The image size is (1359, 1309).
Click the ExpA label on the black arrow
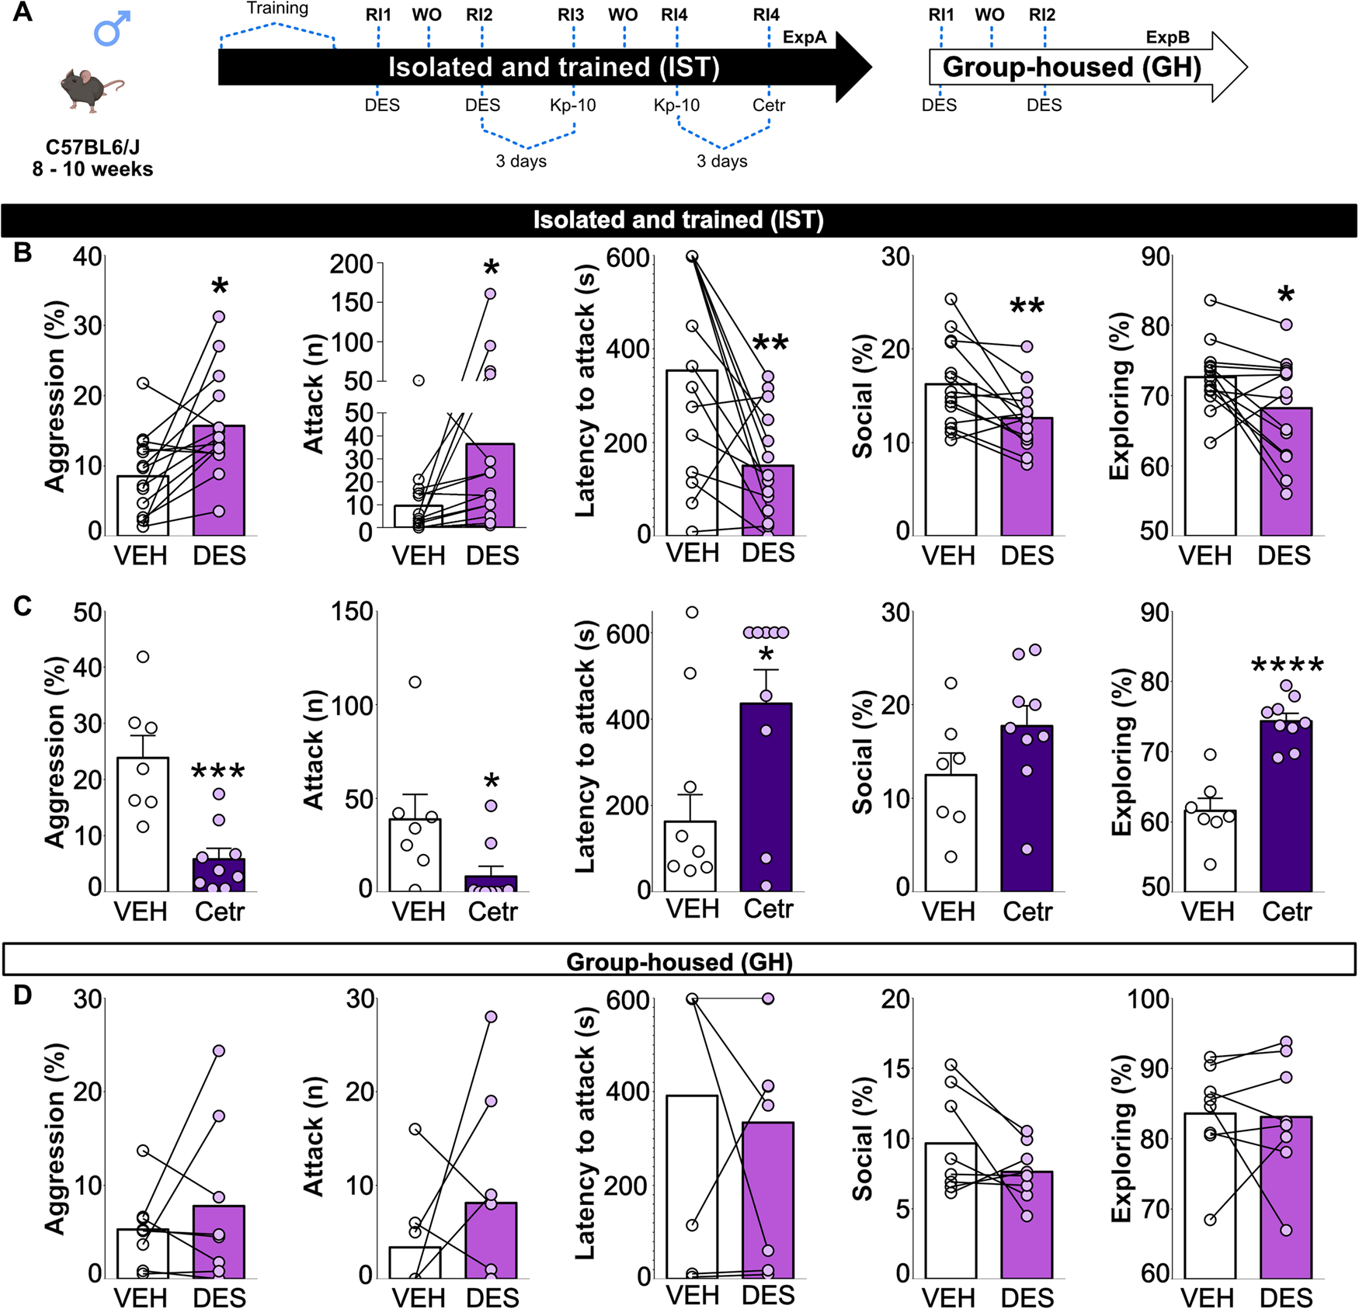pyautogui.click(x=805, y=37)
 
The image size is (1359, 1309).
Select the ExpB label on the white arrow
pyautogui.click(x=1167, y=37)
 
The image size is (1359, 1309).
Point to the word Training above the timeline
pyautogui.click(x=277, y=9)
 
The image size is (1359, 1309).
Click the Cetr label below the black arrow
pyautogui.click(x=769, y=105)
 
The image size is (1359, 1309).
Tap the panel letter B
pyautogui.click(x=23, y=253)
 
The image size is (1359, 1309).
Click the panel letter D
pyautogui.click(x=23, y=995)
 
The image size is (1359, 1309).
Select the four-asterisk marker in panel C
pyautogui.click(x=1287, y=665)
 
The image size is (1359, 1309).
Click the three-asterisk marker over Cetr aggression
pyautogui.click(x=218, y=772)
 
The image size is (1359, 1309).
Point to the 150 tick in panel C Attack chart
pyautogui.click(x=353, y=612)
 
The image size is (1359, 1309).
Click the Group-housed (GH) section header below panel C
pyautogui.click(x=679, y=962)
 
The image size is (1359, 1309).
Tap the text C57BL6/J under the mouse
pyautogui.click(x=92, y=147)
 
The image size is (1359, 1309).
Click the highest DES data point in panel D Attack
pyautogui.click(x=491, y=1017)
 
